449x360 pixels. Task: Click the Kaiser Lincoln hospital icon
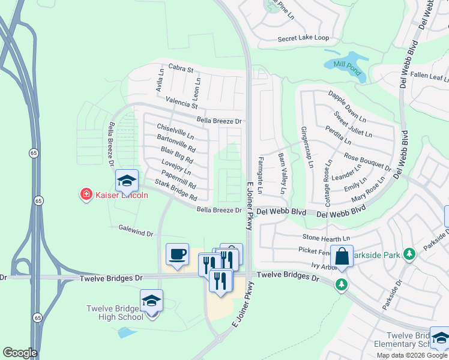86,194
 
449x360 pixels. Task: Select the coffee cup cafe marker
177,255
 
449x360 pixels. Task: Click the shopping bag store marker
342,257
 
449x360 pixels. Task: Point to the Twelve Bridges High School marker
151,302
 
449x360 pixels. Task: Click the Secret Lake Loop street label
303,38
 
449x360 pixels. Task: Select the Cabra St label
181,69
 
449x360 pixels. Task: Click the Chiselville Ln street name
175,131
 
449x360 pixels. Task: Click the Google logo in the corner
20,353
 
